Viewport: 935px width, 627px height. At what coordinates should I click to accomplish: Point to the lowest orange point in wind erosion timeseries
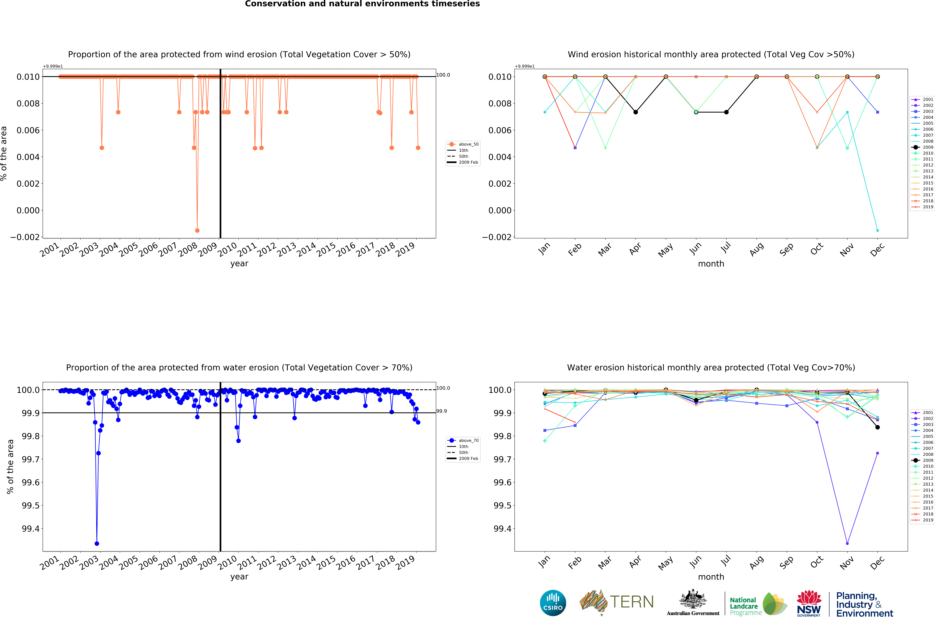(197, 230)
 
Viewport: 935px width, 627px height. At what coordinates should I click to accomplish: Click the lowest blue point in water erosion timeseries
(97, 543)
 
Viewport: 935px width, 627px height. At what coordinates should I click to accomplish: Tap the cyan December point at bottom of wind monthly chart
(877, 230)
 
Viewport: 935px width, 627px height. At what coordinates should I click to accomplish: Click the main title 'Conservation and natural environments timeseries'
(362, 4)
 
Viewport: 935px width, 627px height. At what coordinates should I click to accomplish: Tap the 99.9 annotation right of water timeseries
(442, 411)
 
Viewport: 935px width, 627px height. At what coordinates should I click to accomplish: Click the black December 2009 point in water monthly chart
(877, 427)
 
